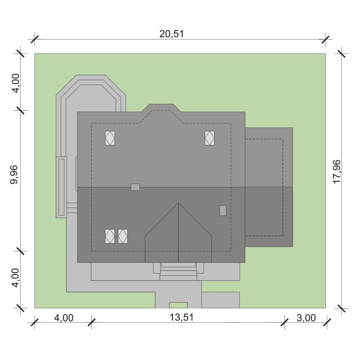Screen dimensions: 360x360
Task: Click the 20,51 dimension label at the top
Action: (171, 34)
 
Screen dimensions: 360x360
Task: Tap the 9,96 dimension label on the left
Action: (14, 175)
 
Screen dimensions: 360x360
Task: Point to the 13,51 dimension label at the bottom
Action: (182, 318)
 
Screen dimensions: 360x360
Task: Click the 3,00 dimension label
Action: (306, 318)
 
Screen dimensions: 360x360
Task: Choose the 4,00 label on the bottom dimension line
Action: (64, 318)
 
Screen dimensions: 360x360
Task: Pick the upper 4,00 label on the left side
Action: (16, 83)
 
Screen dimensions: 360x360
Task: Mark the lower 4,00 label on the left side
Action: (16, 278)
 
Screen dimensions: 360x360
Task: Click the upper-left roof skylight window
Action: (110, 138)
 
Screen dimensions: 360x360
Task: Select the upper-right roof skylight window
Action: (210, 138)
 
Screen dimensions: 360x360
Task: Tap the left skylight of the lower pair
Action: (110, 236)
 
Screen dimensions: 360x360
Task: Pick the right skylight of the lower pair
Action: (123, 236)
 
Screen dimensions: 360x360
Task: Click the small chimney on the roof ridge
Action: (135, 187)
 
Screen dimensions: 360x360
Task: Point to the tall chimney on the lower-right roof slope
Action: (223, 211)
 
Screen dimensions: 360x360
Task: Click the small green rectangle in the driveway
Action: (178, 305)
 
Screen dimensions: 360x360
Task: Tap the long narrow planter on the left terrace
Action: (61, 187)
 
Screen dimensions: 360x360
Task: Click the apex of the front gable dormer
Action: (178, 203)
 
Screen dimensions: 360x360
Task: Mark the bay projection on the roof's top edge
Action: (161, 108)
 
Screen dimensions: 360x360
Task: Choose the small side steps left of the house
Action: (72, 208)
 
